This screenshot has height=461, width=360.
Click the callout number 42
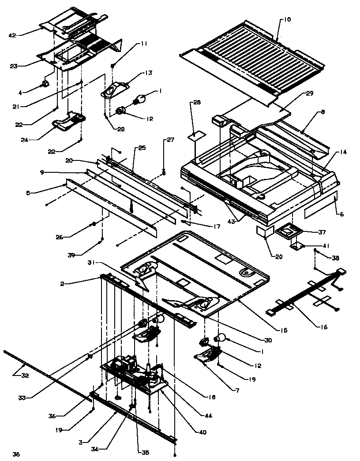(x=12, y=35)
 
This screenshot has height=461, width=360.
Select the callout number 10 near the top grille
(x=287, y=20)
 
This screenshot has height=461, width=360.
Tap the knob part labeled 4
(x=46, y=84)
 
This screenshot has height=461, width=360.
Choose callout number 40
(x=202, y=432)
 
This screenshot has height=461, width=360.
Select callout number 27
(x=170, y=141)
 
